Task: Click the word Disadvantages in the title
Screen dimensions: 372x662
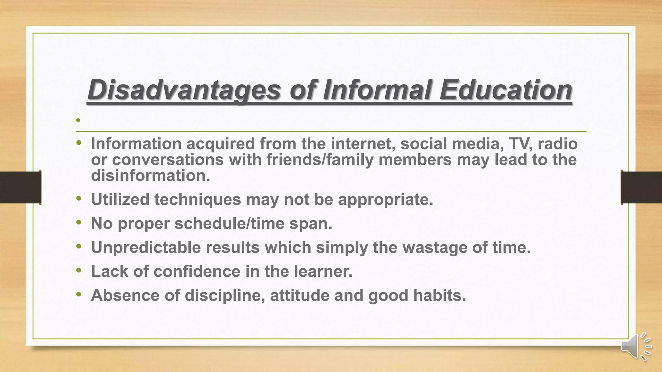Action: (184, 90)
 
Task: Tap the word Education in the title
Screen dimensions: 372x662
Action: (506, 90)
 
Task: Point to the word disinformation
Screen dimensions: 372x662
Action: (150, 176)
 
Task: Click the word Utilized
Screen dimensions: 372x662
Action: (120, 199)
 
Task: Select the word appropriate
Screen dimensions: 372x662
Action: (385, 199)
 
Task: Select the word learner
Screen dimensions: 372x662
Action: (323, 271)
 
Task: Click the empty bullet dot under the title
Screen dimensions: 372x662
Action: (78, 120)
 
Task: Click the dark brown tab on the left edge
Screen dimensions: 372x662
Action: (20, 187)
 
